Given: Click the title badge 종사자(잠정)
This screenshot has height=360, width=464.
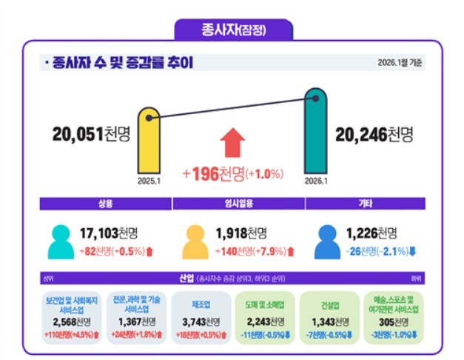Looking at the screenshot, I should (233, 30).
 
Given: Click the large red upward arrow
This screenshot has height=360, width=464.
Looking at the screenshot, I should (233, 142).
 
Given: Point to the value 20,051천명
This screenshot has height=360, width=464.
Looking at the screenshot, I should (91, 134).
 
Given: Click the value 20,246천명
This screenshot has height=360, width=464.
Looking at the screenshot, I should (374, 134).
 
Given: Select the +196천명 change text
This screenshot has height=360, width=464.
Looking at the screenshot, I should (232, 174).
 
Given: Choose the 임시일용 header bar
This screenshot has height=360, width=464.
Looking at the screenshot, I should (238, 204).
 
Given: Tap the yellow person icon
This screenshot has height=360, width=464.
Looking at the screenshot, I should (195, 241).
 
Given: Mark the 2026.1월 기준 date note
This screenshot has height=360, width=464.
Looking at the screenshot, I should (400, 63).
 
